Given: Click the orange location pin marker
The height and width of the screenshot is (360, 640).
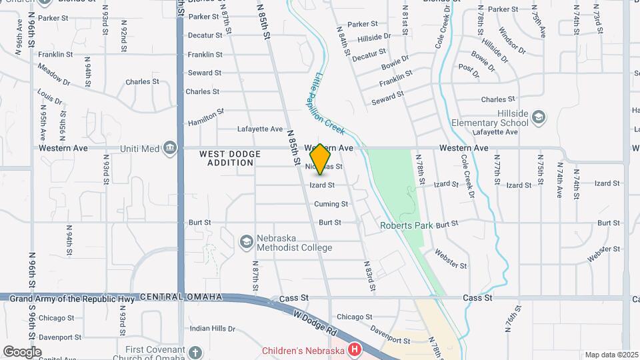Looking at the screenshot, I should point(320,159).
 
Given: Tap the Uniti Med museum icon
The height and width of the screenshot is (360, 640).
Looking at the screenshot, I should point(171,147).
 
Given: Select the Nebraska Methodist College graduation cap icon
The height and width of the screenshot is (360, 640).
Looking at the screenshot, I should point(247,241).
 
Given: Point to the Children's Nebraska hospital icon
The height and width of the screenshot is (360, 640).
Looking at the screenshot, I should point(355,350).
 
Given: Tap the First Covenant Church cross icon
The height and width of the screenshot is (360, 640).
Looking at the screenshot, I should point(195,351).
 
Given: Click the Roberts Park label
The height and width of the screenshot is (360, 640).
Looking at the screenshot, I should point(407,225).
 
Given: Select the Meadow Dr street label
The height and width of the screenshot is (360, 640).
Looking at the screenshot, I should point(54,77).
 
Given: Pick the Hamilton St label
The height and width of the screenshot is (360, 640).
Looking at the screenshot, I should point(205,117).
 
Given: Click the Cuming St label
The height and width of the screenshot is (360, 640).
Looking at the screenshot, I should point(331,204).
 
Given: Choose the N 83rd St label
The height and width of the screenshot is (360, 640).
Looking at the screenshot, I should point(369,276).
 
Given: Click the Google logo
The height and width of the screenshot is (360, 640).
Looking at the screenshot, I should point(22,352).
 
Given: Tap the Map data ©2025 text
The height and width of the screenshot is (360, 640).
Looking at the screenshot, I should point(611,355).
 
